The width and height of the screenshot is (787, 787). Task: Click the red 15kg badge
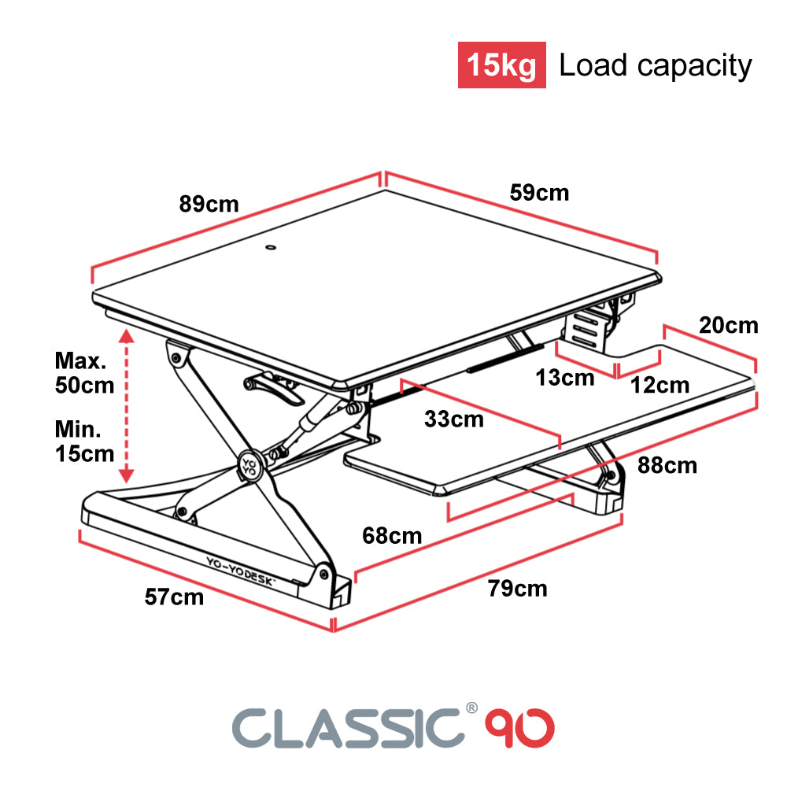[x=501, y=65]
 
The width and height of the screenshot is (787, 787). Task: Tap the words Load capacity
[x=656, y=66]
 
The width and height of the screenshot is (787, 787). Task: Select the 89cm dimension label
[x=209, y=205]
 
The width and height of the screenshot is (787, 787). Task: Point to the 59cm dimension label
[x=540, y=193]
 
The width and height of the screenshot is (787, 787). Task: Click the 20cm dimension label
[x=728, y=325]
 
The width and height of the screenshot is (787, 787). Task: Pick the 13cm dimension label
[x=565, y=378]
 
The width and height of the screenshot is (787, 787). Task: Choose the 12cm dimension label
[x=660, y=386]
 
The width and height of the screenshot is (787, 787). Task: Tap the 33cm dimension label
[x=454, y=419]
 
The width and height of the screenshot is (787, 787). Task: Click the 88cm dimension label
[x=667, y=466]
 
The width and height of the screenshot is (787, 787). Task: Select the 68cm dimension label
[x=392, y=536]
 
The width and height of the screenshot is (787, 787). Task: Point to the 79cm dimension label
[x=518, y=589]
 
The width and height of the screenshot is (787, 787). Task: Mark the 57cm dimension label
[x=174, y=597]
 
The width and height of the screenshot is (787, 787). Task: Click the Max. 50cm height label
[x=84, y=373]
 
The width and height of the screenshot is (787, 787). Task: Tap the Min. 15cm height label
[x=84, y=442]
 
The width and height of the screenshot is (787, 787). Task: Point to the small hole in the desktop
[x=271, y=247]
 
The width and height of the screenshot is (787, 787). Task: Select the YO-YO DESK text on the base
[x=241, y=571]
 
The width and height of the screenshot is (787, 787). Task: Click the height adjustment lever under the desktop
[x=274, y=390]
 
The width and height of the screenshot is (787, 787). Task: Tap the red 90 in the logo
[x=519, y=728]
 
